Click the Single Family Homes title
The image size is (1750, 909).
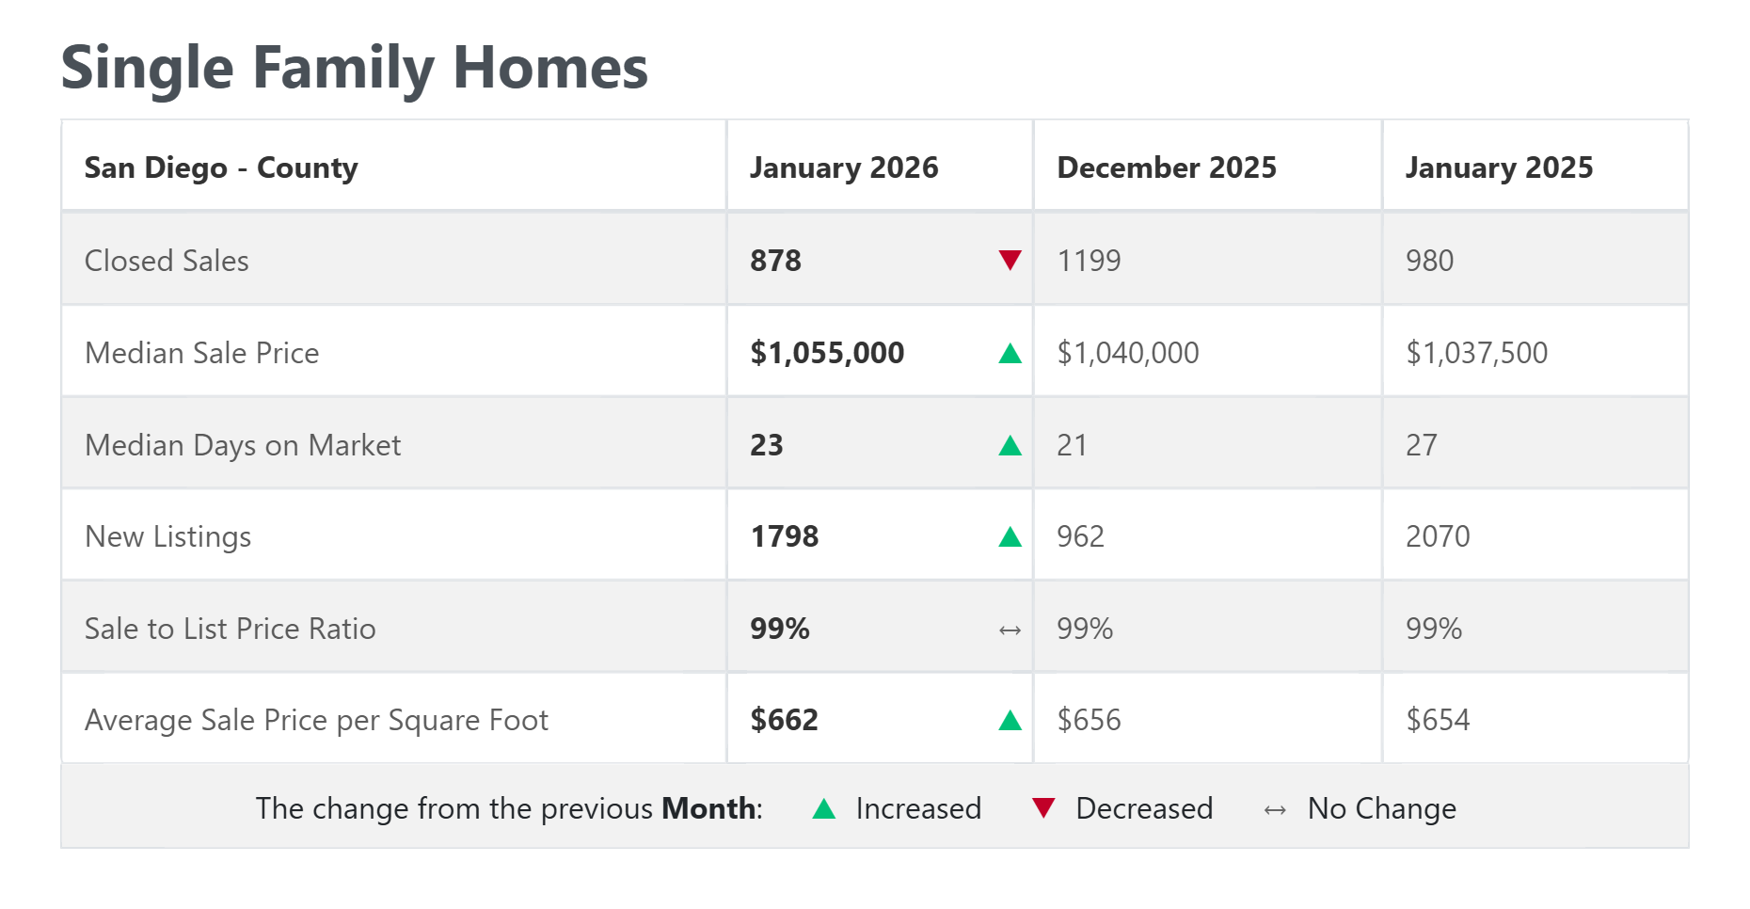coord(354,69)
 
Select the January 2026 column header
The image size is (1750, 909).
coord(843,167)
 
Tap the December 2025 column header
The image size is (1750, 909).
coord(1166,167)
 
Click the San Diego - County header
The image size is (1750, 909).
coord(221,167)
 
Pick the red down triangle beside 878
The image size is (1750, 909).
coord(1010,260)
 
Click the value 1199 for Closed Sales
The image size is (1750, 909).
coord(1089,261)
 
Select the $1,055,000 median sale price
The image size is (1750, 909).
coord(826,353)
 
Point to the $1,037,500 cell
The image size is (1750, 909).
coord(1475,353)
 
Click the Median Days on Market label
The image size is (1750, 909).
coord(243,445)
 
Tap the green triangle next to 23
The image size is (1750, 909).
coord(1010,445)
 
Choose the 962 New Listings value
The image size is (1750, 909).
coord(1079,536)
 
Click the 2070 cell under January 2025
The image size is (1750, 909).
coord(1437,536)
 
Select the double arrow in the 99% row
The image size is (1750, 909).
coord(1010,630)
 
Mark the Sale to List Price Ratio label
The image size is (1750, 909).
coord(230,629)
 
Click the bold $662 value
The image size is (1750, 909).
coord(784,720)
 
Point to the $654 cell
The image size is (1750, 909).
coord(1437,720)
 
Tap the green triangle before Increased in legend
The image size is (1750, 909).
coord(823,808)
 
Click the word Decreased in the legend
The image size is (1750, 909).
coord(1143,808)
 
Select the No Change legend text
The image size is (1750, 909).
coord(1381,808)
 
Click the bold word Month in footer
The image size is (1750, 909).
coord(708,808)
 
